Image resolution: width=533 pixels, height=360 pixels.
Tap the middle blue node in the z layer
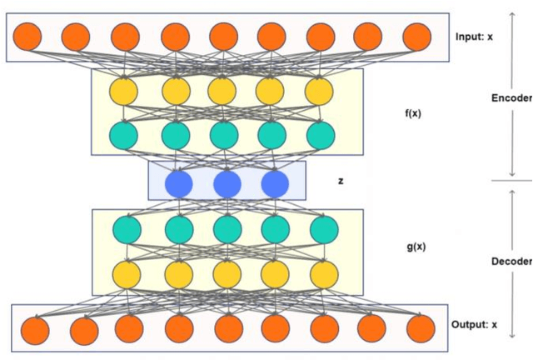point(227,182)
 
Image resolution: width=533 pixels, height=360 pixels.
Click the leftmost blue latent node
point(179,182)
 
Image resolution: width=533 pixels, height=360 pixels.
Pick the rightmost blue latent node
point(275,182)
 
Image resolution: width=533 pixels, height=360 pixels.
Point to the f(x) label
point(411,112)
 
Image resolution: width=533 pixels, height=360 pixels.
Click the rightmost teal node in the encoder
point(320,134)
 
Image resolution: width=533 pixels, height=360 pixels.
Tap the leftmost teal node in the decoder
point(127,227)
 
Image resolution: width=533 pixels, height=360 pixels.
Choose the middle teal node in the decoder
point(225,227)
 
